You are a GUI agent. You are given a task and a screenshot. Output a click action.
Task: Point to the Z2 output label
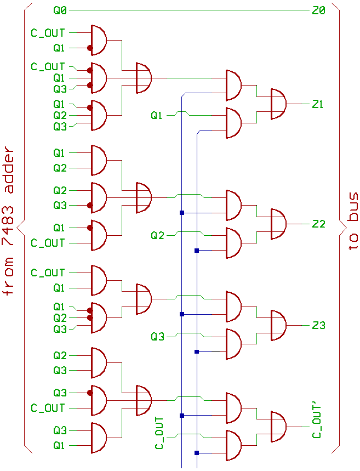tap(318, 224)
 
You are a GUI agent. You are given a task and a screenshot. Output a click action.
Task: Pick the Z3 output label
tap(318, 325)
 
